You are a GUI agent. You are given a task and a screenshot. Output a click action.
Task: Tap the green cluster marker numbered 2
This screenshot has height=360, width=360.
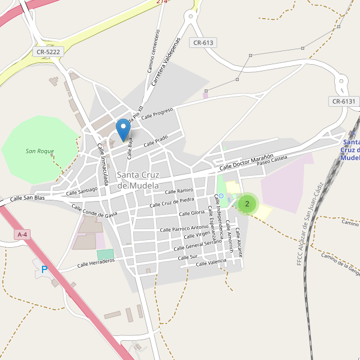click(x=247, y=204)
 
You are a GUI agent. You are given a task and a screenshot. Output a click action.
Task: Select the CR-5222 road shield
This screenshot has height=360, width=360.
click(x=49, y=52)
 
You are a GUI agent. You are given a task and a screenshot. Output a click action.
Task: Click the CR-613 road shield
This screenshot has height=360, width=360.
click(x=203, y=43)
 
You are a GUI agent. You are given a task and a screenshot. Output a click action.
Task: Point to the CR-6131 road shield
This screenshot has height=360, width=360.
click(x=343, y=101)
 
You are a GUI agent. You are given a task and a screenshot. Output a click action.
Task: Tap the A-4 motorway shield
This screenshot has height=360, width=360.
click(x=22, y=235)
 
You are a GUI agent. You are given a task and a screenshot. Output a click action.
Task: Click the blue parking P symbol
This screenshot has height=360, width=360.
click(x=44, y=270)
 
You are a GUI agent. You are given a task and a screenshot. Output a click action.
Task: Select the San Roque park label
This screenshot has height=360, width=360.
click(x=40, y=151)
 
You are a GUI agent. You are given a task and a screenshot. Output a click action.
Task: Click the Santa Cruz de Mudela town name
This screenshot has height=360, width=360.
click(x=138, y=180)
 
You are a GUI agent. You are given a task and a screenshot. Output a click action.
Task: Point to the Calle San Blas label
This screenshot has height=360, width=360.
click(x=28, y=198)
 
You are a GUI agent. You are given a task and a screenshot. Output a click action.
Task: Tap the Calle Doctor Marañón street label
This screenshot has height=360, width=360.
click(x=246, y=161)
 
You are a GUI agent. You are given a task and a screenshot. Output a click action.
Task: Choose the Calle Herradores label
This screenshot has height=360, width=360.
click(x=96, y=263)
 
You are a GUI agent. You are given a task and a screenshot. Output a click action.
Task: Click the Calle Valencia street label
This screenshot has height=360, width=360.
click(x=211, y=262)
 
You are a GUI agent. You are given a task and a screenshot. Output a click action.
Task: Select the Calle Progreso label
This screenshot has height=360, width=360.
click(x=157, y=113)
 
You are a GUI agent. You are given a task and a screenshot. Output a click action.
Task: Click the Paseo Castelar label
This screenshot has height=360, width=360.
click(x=272, y=160)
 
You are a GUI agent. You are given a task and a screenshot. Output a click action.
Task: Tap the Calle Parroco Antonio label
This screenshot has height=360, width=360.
click(x=184, y=228)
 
